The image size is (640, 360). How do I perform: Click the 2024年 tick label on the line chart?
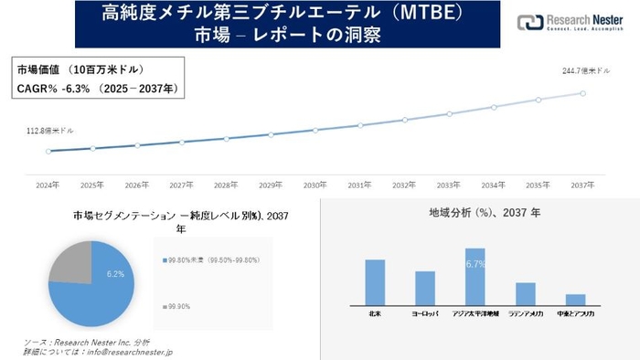pyautogui.click(x=48, y=185)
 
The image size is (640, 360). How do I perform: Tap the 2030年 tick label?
pyautogui.click(x=315, y=185)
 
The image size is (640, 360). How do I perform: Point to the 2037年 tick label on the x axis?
pyautogui.click(x=582, y=185)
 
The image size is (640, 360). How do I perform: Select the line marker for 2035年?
pyautogui.click(x=539, y=100)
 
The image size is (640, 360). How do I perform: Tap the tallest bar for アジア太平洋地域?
pyautogui.click(x=475, y=276)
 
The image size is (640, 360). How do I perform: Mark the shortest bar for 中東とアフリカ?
pyautogui.click(x=575, y=299)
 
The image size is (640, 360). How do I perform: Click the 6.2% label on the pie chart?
pyautogui.click(x=115, y=274)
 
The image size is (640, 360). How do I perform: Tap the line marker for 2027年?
pyautogui.click(x=182, y=142)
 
